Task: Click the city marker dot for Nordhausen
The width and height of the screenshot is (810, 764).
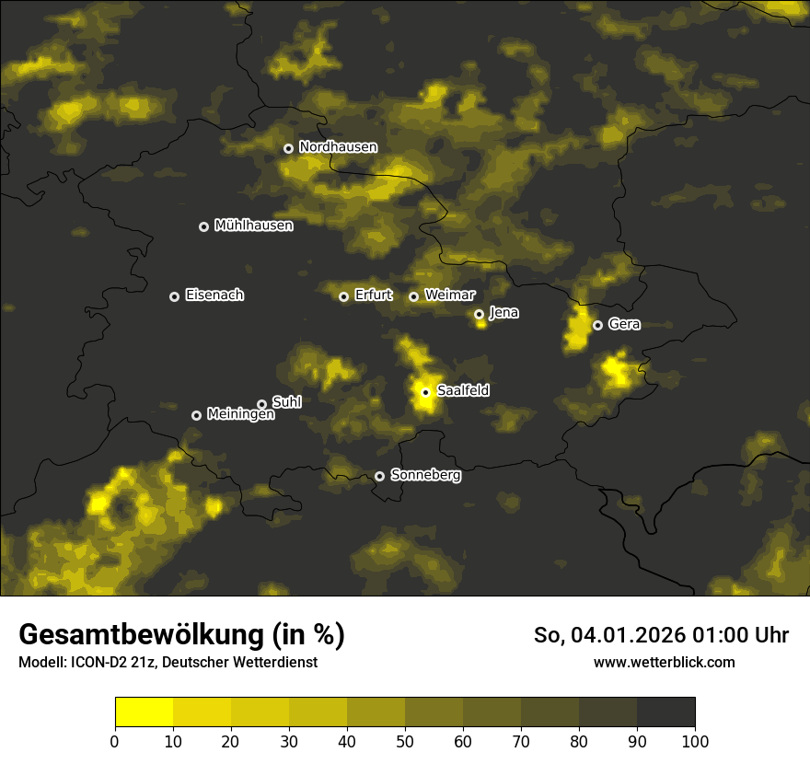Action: point(288,148)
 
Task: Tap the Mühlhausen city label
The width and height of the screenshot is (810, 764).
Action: point(253,226)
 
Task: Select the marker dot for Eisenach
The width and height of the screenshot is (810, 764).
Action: point(174,296)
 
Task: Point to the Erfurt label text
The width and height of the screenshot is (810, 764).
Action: point(373,295)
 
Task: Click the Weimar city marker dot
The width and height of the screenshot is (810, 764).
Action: point(413,296)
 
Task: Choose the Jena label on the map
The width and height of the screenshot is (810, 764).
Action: point(503,313)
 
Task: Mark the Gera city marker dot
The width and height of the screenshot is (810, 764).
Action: point(597,325)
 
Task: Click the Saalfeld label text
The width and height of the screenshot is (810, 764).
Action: point(463,391)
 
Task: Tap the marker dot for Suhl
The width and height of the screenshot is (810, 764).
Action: point(261,404)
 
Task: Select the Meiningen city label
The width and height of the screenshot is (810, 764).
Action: point(240,415)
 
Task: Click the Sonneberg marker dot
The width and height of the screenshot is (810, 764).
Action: point(379,476)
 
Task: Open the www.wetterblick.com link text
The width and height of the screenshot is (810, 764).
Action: point(664,663)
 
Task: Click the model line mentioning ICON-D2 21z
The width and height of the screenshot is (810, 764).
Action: point(168,663)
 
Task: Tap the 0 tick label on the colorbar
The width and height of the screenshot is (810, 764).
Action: point(115,741)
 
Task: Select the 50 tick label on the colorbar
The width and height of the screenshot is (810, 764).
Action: point(405,741)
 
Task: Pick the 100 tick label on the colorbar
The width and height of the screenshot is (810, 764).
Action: point(694,741)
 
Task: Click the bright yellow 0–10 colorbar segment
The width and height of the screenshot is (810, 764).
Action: point(145,712)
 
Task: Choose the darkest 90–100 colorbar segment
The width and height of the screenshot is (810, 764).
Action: point(665,712)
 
